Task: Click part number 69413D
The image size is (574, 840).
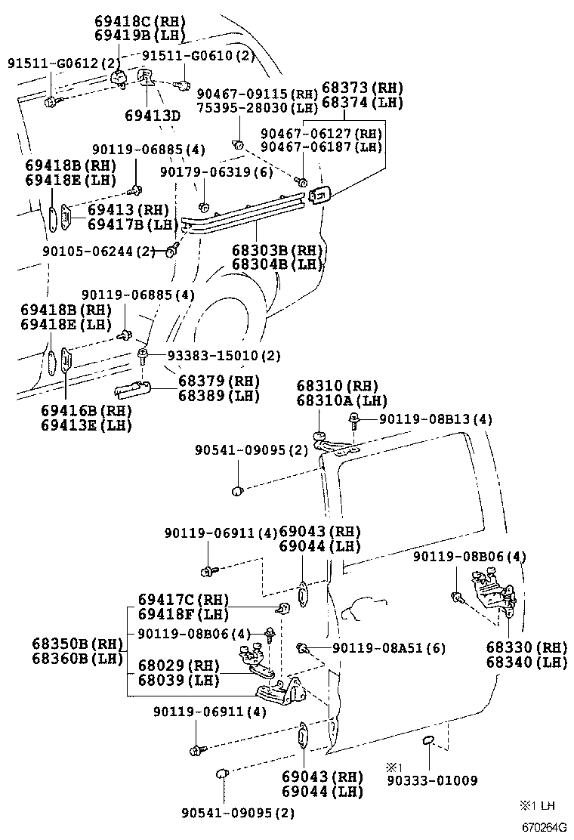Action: point(153,116)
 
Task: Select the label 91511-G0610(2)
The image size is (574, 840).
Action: point(199,56)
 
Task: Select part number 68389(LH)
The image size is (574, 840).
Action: point(219,395)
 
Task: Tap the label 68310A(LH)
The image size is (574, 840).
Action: point(341,400)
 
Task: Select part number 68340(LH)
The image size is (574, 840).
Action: point(526,662)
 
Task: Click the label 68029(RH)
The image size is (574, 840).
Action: point(178,666)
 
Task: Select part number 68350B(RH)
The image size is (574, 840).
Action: point(78,644)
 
